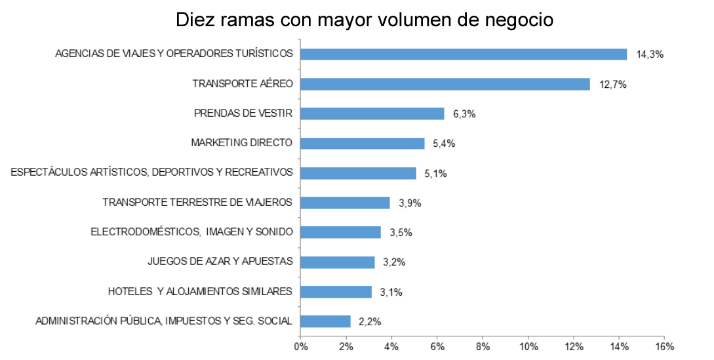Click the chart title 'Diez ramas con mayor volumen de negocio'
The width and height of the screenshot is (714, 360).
365,20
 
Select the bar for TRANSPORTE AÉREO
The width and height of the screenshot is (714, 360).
445,84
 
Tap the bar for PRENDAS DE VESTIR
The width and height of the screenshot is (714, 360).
372,113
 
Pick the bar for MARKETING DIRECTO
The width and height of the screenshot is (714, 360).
362,144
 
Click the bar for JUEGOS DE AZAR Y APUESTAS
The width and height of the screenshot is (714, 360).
337,262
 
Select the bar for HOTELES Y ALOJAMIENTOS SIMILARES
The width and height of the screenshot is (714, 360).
336,292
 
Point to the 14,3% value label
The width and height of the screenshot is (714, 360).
650,55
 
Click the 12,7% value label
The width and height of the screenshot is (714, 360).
613,85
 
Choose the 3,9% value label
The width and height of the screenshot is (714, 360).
410,203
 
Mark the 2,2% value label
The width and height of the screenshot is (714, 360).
370,322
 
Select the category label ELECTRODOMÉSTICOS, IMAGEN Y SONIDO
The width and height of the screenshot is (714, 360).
191,232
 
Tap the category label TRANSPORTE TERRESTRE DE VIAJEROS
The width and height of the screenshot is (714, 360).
197,203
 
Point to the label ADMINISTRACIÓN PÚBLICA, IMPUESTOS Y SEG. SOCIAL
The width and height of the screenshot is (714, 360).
164,321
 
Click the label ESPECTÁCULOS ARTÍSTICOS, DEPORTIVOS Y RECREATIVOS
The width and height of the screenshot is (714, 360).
151,173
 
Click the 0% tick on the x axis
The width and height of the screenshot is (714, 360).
300,346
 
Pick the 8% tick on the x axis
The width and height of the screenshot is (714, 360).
483,346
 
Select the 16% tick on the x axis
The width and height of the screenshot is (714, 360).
664,346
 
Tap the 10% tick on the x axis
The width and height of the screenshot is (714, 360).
528,346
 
